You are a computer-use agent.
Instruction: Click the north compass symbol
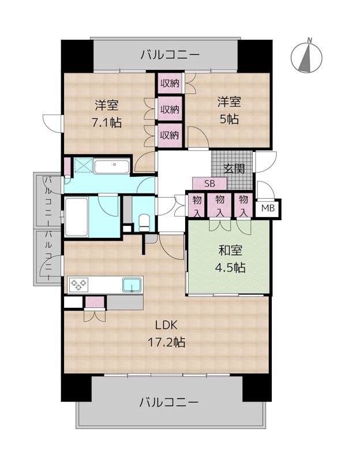pos(306,57)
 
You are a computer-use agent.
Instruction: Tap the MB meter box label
pos(268,208)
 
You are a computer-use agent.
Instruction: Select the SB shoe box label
pos(209,184)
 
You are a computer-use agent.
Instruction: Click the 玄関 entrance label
pos(234,169)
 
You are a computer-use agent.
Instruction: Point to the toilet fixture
pos(144,223)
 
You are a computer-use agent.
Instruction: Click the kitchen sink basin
pos(132,285)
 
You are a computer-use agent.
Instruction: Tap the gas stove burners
pos(78,285)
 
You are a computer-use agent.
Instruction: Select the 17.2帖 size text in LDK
pos(166,342)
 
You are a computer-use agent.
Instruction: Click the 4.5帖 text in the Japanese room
pos(230,267)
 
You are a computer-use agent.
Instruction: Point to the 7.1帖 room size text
pos(107,122)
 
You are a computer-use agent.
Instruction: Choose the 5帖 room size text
pos(229,119)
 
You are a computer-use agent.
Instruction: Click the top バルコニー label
pos(170,55)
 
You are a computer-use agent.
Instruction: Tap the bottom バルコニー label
pos(168,402)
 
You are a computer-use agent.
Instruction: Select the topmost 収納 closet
pos(170,83)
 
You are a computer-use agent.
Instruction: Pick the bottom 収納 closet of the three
pos(170,135)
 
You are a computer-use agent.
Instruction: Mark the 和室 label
pos(230,251)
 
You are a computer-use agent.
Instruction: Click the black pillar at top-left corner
pos(77,56)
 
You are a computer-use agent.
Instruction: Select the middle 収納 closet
pos(170,109)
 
